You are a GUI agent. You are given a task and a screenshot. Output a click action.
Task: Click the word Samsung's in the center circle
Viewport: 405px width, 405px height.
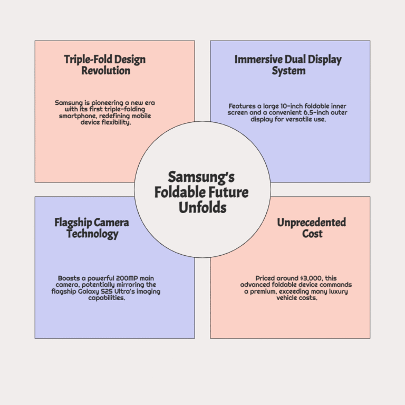pyautogui.click(x=201, y=177)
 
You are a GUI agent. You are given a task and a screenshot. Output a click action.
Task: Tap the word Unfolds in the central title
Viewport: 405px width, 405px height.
pyautogui.click(x=202, y=208)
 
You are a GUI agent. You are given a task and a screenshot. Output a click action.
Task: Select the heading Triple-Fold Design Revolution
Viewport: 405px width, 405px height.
pyautogui.click(x=105, y=65)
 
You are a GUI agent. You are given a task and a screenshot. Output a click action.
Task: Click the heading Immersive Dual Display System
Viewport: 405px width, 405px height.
pyautogui.click(x=288, y=65)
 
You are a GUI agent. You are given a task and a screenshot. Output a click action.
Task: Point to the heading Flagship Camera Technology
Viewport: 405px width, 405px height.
pyautogui.click(x=92, y=228)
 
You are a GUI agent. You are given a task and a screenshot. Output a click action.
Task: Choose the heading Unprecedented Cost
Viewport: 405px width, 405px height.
pyautogui.click(x=312, y=228)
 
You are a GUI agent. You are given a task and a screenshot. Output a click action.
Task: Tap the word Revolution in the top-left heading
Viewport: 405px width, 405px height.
pyautogui.click(x=106, y=71)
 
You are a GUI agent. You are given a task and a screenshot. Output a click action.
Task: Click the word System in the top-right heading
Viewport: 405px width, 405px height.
pyautogui.click(x=288, y=71)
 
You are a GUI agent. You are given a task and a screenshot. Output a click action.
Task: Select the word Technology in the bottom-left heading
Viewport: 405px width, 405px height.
pyautogui.click(x=92, y=234)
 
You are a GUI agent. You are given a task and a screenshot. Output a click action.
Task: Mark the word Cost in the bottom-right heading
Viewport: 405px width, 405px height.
pyautogui.click(x=312, y=234)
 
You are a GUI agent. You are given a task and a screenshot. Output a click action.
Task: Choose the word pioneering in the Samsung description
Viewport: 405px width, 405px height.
pyautogui.click(x=107, y=103)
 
